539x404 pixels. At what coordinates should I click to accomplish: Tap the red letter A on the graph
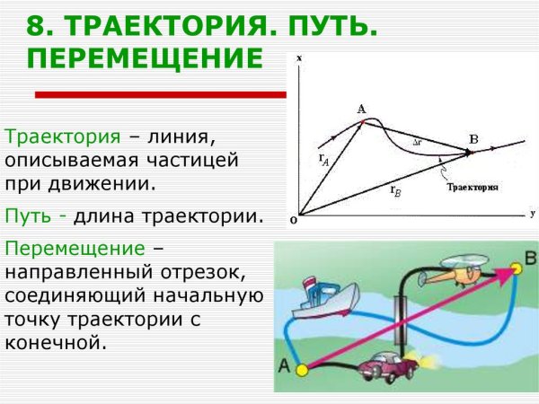[x=361, y=110]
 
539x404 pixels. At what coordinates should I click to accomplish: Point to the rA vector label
[x=323, y=157]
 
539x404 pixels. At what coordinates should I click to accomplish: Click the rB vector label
[x=394, y=189]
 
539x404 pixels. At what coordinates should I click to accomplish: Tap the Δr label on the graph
[x=417, y=142]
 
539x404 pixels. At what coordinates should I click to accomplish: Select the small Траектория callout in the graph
[x=471, y=188]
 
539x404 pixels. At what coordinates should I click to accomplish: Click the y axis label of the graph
[x=532, y=213]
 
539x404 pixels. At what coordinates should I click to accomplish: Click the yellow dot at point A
[x=303, y=369]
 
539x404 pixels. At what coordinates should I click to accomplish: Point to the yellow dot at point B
[x=516, y=268]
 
